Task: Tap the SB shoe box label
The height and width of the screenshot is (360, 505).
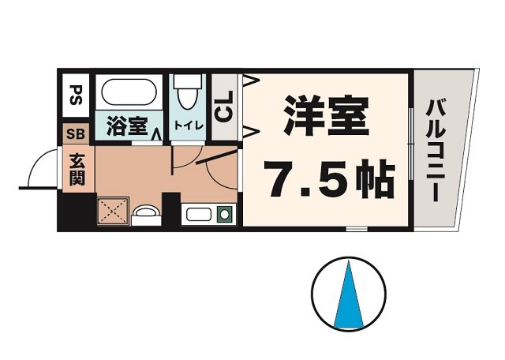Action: tap(77, 133)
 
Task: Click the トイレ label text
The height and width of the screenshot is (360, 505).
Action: tap(187, 125)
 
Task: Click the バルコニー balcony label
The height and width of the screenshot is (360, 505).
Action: tap(435, 149)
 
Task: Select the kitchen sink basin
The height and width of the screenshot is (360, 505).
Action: tap(197, 213)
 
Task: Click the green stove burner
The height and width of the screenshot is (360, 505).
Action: tap(224, 213)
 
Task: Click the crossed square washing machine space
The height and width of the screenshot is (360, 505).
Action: tap(111, 211)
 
